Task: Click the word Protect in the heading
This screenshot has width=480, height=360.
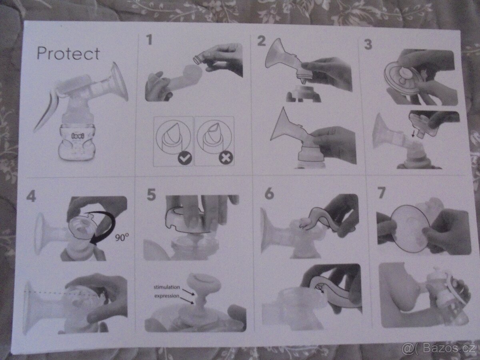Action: pyautogui.click(x=68, y=54)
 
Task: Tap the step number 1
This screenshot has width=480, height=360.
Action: pyautogui.click(x=149, y=40)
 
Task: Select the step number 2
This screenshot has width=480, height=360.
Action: pyautogui.click(x=261, y=40)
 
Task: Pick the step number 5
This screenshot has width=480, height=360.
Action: pyautogui.click(x=151, y=195)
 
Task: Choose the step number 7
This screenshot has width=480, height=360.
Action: pyautogui.click(x=381, y=193)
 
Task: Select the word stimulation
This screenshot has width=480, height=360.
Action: pyautogui.click(x=167, y=287)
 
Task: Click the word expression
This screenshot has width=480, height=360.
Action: pyautogui.click(x=167, y=296)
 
